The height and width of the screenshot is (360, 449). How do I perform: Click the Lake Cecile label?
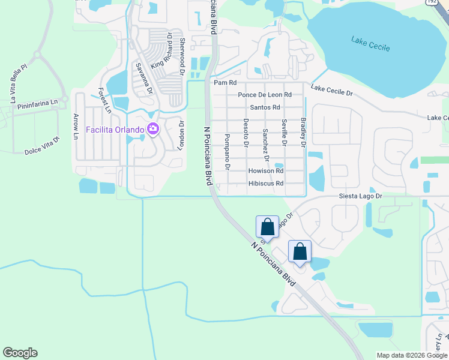pos(370,44)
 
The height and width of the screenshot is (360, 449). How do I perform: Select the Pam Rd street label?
pos(225,82)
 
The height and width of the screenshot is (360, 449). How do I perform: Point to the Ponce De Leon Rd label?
pos(264,95)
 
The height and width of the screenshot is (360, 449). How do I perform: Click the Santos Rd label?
pos(265,107)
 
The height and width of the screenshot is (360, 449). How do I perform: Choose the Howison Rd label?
pos(265,171)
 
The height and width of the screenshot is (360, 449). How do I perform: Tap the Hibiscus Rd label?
pos(265,183)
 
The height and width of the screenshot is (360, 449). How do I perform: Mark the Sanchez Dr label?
pos(265,145)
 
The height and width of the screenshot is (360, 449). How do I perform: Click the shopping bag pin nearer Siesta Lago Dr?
pos(268,227)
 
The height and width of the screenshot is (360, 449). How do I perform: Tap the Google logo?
pos(20,353)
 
